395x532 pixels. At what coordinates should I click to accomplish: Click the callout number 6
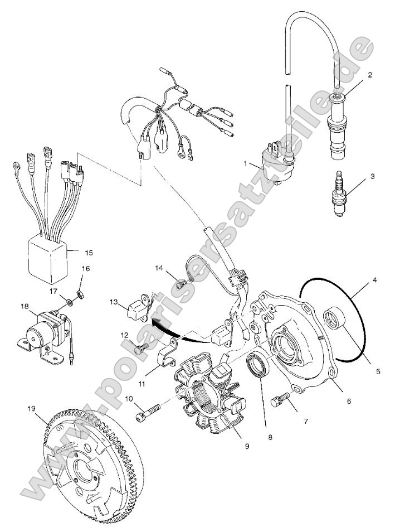(x=349, y=400)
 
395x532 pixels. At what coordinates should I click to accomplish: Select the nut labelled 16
(x=80, y=293)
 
